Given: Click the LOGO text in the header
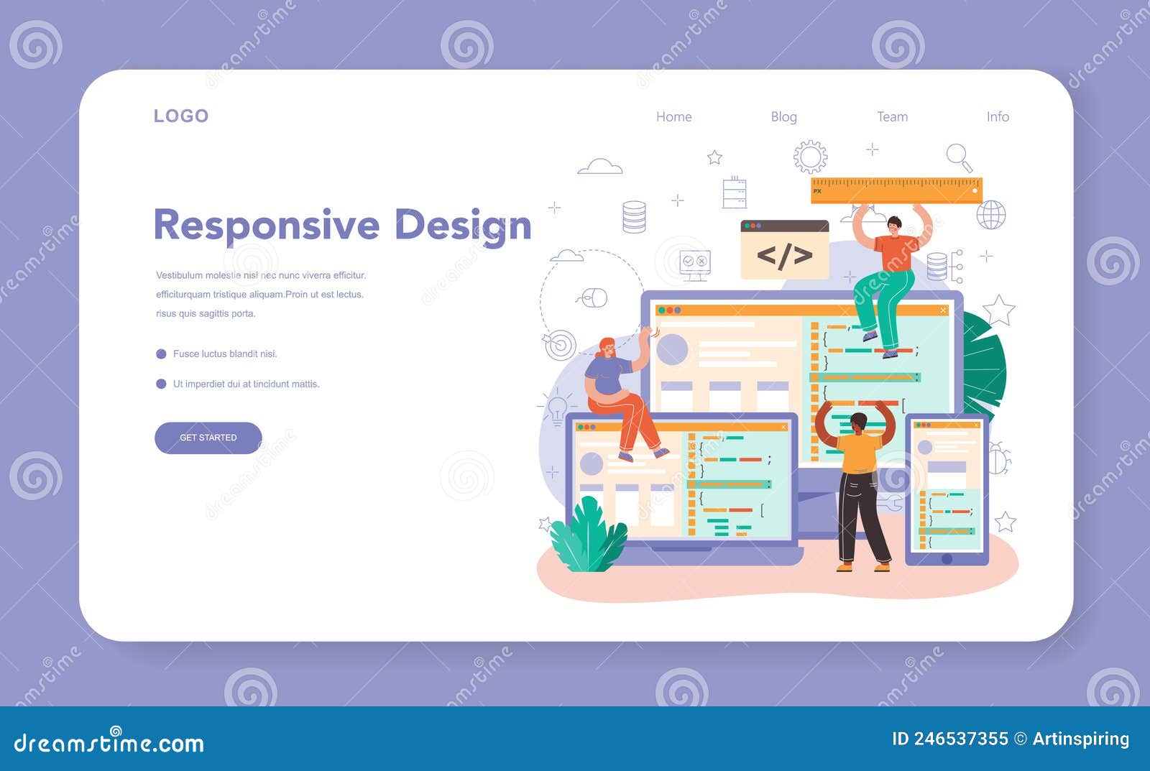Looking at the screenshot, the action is (x=181, y=116).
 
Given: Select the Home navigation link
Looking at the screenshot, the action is (x=673, y=117).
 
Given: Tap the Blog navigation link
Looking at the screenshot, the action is (x=784, y=117).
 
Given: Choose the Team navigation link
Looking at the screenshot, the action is (x=892, y=117).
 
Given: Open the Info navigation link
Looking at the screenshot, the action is (x=998, y=117).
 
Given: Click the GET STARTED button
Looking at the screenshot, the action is (x=208, y=438).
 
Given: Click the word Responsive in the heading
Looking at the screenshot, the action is (x=267, y=226).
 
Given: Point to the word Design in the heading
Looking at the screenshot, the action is (x=463, y=226).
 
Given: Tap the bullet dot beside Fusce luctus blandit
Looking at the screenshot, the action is (x=161, y=354).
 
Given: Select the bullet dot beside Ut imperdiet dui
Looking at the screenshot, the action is (x=161, y=384).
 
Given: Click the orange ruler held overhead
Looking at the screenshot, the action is (x=896, y=190).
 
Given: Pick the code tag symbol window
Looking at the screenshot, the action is (x=784, y=249).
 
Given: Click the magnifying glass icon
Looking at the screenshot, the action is (x=959, y=157).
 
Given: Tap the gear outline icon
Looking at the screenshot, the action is (x=810, y=157).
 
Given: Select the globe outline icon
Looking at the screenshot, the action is (x=991, y=215).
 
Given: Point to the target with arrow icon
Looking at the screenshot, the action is (x=560, y=344).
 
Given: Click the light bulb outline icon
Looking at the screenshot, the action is (x=558, y=409).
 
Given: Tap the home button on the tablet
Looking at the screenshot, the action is (x=947, y=559).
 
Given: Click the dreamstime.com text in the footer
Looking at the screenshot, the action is (x=109, y=742).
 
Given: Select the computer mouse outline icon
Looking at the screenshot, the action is (x=594, y=297).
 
